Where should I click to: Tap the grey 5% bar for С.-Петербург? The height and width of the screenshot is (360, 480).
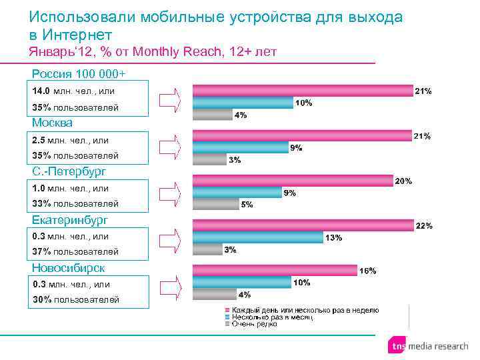[x=214, y=204]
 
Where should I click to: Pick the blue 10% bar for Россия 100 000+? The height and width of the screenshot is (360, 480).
[x=242, y=103]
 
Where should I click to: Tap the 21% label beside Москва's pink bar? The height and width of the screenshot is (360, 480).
[x=423, y=136]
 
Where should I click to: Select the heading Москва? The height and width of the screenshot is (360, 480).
[x=52, y=123]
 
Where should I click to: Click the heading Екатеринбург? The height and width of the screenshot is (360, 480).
[x=70, y=219]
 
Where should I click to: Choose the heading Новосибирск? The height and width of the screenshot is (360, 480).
[x=69, y=267]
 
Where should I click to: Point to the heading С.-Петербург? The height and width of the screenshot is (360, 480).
[x=69, y=171]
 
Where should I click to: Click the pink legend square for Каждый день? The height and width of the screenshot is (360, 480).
[x=227, y=311]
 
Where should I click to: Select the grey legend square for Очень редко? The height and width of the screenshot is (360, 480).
[x=227, y=324]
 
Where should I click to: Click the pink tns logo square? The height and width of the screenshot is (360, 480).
[x=397, y=346]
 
